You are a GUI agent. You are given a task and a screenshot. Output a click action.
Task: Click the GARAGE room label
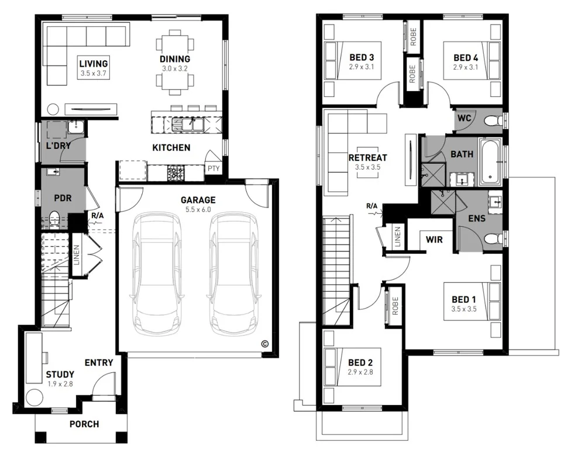tap(197, 199)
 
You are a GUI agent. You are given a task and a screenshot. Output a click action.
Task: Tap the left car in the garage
tap(156, 273)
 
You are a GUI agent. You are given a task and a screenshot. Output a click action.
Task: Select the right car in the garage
tap(233, 273)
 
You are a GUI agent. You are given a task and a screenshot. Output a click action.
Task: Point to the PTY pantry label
tap(214, 168)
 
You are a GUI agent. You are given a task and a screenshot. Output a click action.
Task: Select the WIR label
tap(434, 239)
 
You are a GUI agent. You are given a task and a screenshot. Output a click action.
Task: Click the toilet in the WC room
tap(493, 120)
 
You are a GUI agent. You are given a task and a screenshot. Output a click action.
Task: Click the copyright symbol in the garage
tap(264, 344)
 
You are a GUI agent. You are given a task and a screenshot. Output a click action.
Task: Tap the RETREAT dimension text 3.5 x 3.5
tap(367, 167)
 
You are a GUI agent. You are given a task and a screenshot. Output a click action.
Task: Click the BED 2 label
tap(360, 362)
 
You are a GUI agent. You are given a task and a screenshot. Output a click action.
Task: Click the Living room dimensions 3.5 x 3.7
tap(93, 74)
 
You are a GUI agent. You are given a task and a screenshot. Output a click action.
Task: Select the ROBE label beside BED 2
tap(395, 306)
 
